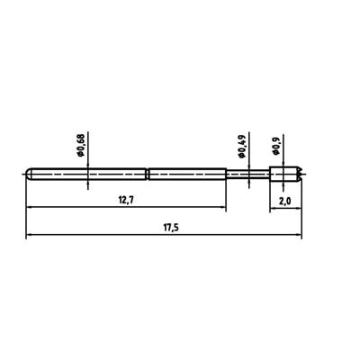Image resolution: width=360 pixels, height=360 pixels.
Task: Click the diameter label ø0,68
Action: pos(82,146)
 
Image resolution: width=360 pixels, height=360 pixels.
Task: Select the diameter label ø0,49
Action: pos(241,146)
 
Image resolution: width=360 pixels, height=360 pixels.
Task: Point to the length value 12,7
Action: pos(125,200)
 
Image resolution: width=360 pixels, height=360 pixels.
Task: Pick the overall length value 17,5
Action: pos(166,229)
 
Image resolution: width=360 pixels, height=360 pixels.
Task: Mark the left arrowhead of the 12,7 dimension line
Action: pos(29,208)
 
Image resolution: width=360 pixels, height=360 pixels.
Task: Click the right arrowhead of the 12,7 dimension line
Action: pos(224,208)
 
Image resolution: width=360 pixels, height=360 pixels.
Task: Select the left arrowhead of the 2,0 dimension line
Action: pos(272,208)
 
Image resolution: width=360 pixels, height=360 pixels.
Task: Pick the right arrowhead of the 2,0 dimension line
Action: pos(301,208)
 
